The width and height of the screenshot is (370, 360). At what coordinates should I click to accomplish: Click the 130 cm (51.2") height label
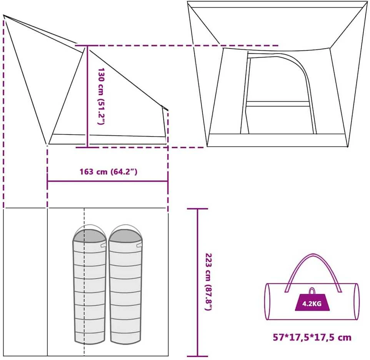[101, 96]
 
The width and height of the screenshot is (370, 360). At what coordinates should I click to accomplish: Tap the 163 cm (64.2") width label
[108, 172]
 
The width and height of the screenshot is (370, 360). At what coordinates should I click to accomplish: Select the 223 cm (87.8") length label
[209, 282]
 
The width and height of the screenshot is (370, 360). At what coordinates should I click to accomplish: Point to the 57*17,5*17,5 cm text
[312, 338]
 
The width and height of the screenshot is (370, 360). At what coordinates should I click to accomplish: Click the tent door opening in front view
[278, 94]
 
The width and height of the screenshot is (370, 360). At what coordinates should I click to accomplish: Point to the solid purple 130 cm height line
[88, 96]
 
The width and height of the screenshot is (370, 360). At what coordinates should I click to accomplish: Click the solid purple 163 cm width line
[108, 181]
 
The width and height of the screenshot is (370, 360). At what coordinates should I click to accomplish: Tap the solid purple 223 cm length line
[198, 282]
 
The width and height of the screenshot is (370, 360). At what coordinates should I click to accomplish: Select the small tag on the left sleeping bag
[103, 245]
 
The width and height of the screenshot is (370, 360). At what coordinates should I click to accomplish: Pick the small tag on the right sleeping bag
[139, 245]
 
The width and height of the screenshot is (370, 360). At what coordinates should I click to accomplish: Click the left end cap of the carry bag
[267, 302]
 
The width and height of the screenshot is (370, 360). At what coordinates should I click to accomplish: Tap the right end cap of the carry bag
[357, 302]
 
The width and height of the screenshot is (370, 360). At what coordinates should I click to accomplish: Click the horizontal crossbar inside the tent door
[278, 104]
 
